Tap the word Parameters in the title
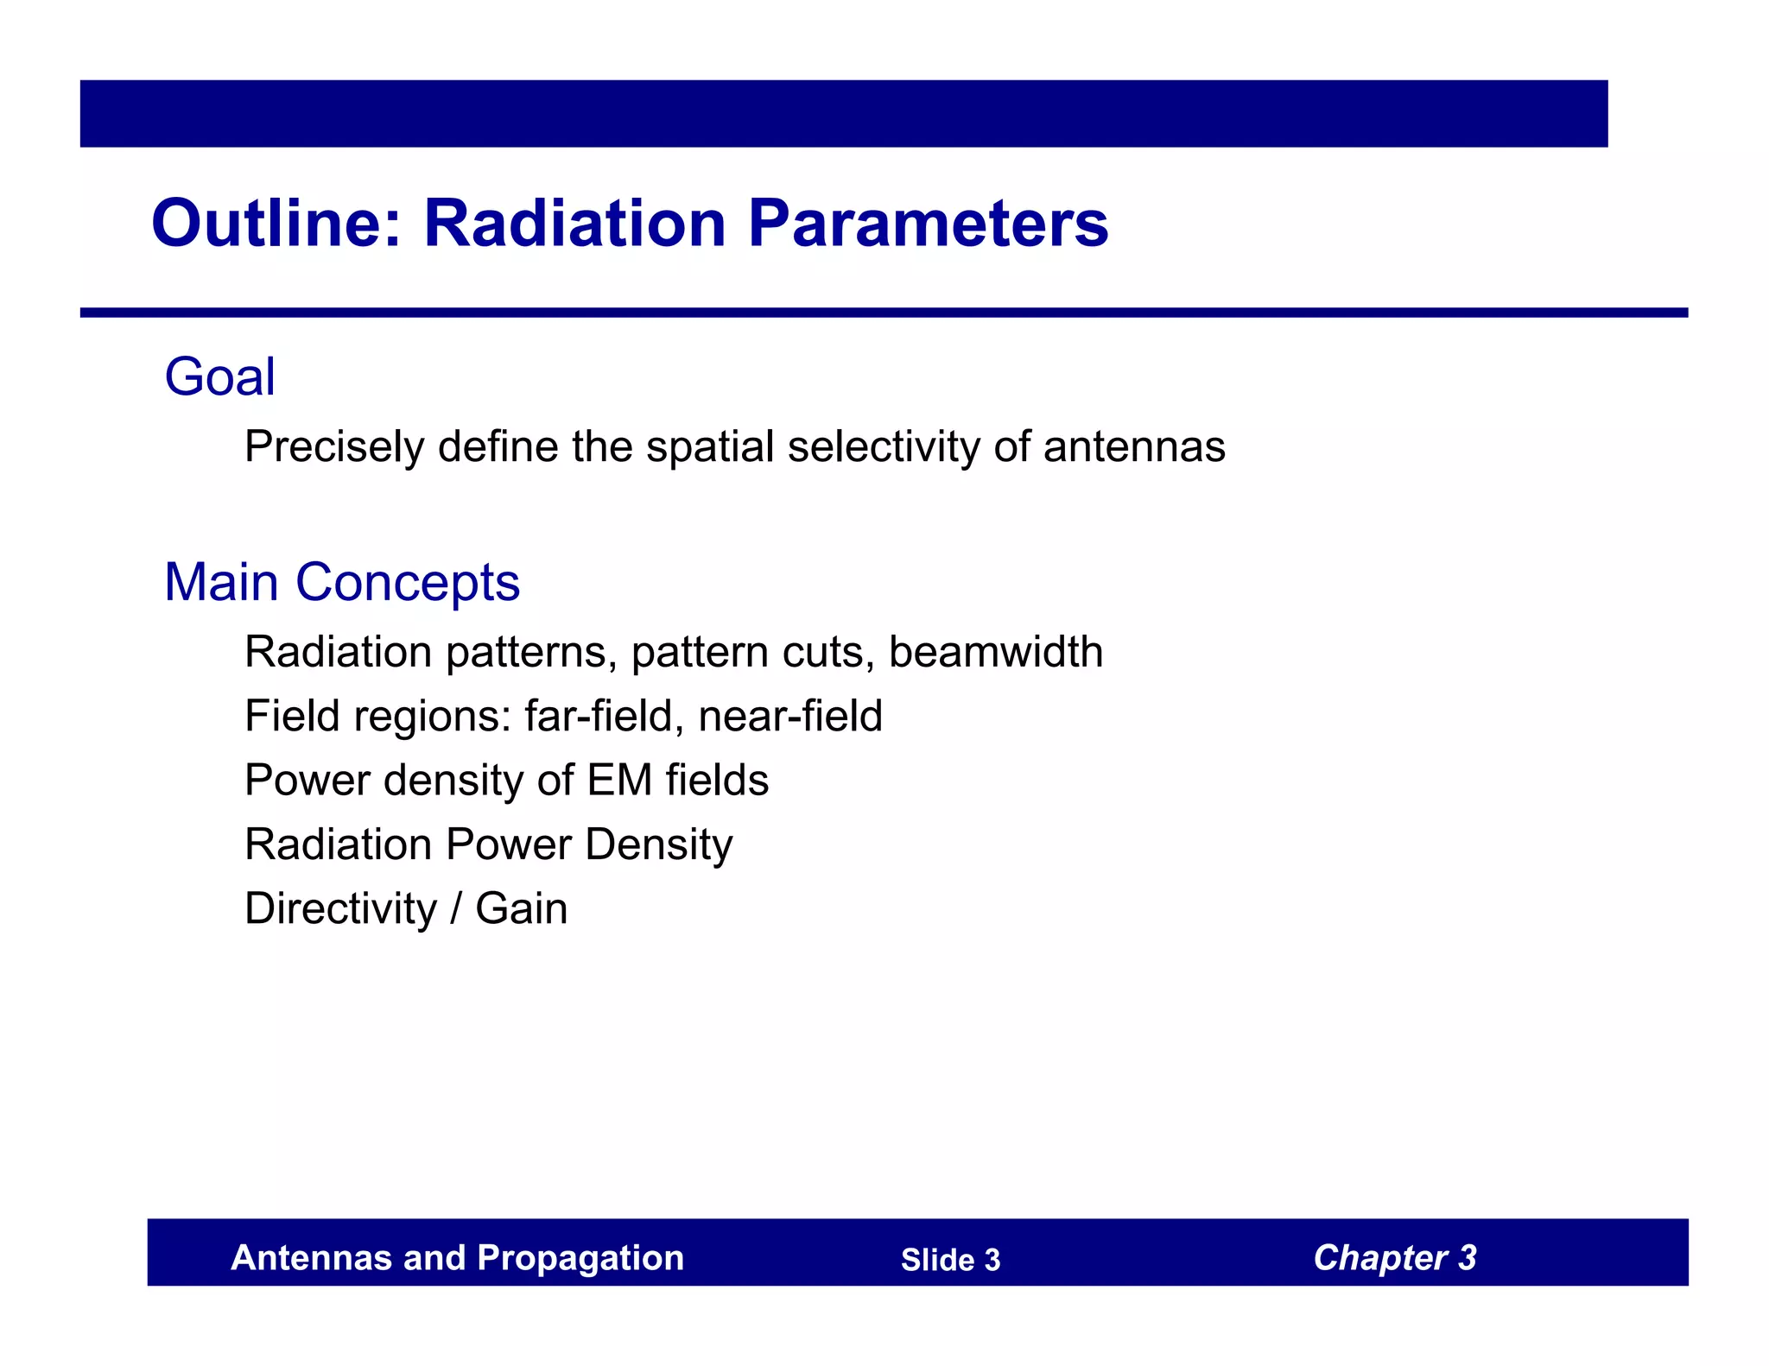928,224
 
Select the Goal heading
219,377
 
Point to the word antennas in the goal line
1134,447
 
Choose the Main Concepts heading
342,582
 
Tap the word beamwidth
995,652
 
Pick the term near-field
789,717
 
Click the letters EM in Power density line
619,781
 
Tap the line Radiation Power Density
488,844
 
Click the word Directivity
341,908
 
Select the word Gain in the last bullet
521,908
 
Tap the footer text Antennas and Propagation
457,1258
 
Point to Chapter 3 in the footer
1394,1258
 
